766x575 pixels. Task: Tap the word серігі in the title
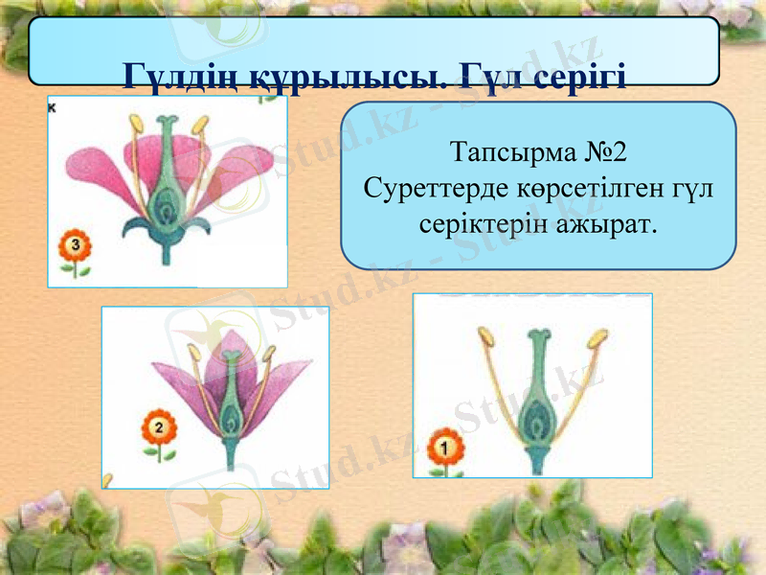[578, 75]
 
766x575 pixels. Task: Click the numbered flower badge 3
[76, 247]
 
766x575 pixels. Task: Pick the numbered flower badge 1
[442, 447]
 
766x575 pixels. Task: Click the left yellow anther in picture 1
[485, 335]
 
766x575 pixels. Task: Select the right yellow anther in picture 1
[598, 338]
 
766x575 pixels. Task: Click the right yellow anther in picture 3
[201, 125]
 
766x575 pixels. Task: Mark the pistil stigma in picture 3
[167, 124]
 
